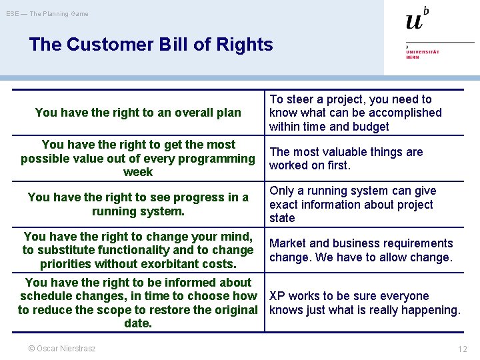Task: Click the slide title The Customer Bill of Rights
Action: (x=151, y=45)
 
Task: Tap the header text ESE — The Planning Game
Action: (x=47, y=14)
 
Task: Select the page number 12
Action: (x=462, y=349)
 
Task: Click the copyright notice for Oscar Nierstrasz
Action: (x=61, y=348)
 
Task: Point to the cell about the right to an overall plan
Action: (x=138, y=113)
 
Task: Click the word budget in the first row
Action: (x=370, y=127)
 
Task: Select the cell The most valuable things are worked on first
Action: (x=346, y=159)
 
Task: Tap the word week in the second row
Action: (x=138, y=172)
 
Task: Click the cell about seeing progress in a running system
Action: (x=138, y=204)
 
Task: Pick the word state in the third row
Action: (x=282, y=218)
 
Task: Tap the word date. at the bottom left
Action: (x=138, y=324)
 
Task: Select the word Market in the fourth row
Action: (x=287, y=243)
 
